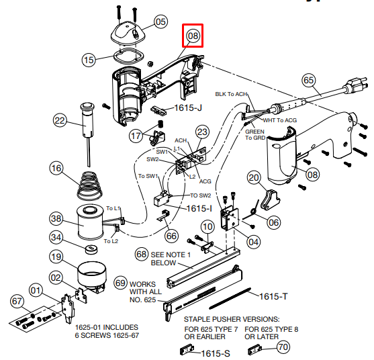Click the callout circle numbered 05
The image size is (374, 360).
tap(160, 21)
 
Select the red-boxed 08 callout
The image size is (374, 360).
tap(193, 36)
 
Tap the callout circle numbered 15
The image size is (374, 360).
tap(89, 60)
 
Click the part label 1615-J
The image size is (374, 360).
tap(188, 108)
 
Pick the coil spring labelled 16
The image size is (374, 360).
tap(90, 185)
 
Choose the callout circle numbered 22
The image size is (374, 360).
tap(60, 120)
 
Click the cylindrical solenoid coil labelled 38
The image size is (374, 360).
tap(90, 223)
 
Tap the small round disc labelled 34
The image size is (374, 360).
tap(91, 249)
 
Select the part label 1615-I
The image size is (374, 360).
tap(199, 208)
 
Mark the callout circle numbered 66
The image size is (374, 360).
tap(171, 236)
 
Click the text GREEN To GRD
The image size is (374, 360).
tap(255, 135)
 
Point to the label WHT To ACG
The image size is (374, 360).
tap(280, 120)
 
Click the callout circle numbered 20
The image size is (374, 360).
tap(253, 177)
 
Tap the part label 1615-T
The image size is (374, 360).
tap(273, 297)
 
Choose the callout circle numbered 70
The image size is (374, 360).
tap(283, 347)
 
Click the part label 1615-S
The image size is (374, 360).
tap(216, 353)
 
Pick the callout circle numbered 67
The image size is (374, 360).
tap(17, 301)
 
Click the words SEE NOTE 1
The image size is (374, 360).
tap(171, 255)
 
